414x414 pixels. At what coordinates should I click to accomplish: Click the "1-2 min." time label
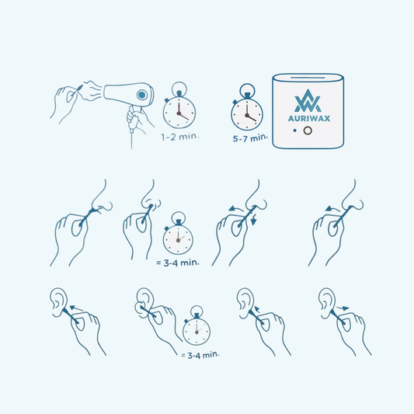[179, 137]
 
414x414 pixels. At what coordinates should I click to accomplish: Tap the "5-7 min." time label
[250, 137]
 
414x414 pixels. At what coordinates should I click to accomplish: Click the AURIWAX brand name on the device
[309, 118]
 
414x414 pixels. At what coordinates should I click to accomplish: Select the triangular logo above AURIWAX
[308, 101]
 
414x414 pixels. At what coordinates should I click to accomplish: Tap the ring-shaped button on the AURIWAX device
[308, 130]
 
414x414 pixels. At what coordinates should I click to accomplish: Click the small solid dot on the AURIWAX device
[294, 130]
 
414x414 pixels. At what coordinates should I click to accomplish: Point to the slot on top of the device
[308, 78]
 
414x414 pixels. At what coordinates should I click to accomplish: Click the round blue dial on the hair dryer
[142, 95]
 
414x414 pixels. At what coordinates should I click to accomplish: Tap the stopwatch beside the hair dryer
[179, 105]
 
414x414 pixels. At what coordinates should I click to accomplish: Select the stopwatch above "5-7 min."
[247, 107]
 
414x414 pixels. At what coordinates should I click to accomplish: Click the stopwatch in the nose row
[178, 233]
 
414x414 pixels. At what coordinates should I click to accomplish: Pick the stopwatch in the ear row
[197, 325]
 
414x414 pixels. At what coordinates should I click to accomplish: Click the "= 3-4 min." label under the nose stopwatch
[178, 263]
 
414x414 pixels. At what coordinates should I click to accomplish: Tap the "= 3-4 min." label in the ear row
[200, 355]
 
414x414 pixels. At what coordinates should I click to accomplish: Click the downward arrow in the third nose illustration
[254, 221]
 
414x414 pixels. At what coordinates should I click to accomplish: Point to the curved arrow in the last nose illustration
[332, 209]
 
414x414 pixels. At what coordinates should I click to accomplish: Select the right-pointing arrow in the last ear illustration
[343, 308]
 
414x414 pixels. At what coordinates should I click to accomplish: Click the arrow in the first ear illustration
[76, 308]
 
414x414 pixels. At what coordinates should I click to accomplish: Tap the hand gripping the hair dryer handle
[137, 120]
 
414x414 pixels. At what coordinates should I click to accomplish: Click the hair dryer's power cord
[131, 140]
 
